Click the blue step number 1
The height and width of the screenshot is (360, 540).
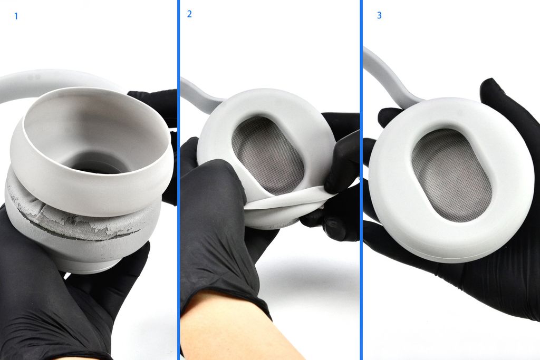coord(16,16)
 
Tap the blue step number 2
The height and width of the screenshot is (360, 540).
coord(189,14)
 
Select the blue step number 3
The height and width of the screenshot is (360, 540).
coord(379,15)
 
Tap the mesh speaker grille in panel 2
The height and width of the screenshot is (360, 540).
coord(267,155)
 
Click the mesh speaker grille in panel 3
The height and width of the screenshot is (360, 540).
coord(451,176)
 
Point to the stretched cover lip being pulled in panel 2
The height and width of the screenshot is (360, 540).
coord(286,200)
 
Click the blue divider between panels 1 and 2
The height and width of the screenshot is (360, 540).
coord(178,180)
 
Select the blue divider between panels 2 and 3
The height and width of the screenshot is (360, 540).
coord(361,180)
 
